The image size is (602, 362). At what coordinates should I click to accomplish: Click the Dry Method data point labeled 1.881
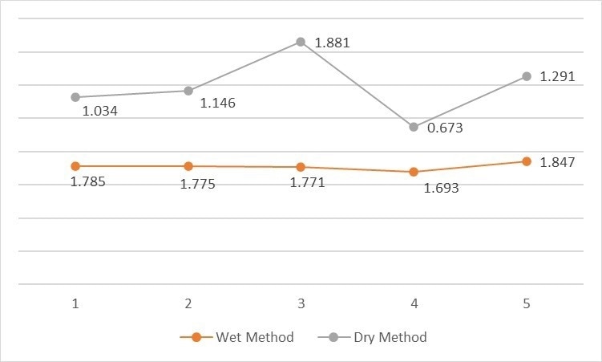[x=301, y=42]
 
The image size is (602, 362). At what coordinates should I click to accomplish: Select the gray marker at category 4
[x=414, y=127]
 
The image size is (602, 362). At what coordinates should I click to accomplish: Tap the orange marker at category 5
[x=527, y=161]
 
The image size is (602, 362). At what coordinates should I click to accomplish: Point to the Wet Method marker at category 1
[x=75, y=166]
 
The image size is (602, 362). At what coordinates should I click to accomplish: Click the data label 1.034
[x=100, y=111]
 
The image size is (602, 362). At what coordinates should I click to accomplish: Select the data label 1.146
[x=217, y=103]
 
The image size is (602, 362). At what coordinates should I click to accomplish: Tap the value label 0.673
[x=446, y=128]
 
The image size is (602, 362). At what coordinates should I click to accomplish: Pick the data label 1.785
[x=88, y=182]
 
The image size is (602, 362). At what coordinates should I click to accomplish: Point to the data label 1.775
[x=197, y=185]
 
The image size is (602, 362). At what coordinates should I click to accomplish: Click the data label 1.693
[x=441, y=189]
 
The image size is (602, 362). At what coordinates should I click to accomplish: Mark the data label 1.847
[x=557, y=163]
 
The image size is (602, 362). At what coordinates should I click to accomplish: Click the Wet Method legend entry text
[x=255, y=337]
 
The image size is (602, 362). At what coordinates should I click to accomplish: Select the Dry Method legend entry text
[x=390, y=337]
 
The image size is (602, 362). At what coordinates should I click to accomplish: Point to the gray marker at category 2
[x=188, y=91]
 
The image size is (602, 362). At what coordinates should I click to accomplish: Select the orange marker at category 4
[x=414, y=172]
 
